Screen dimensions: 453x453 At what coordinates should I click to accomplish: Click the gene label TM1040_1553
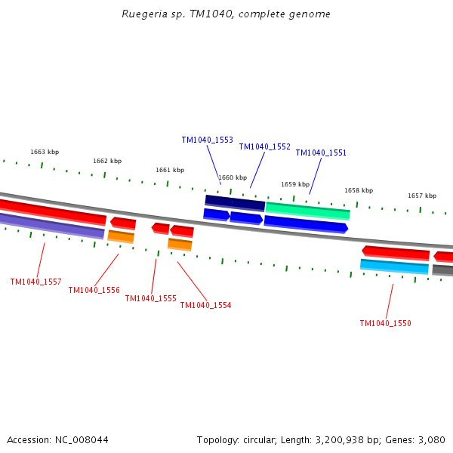point(207,140)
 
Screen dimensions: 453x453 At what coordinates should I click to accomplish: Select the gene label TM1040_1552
point(264,146)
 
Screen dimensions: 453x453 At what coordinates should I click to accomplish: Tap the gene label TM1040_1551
point(321,153)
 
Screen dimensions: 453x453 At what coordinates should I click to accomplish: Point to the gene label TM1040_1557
point(35,282)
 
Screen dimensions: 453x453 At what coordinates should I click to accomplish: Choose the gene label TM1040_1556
point(94,290)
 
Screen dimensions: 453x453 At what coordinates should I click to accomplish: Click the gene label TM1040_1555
point(150,298)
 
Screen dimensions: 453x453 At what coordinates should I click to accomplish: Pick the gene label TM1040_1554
point(205,305)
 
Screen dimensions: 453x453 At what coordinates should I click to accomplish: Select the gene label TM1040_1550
point(385,323)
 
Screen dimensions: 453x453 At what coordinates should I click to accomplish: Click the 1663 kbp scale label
point(44,152)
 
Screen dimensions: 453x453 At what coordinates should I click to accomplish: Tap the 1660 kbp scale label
point(233,177)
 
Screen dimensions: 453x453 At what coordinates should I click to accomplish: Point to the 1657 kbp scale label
point(422,196)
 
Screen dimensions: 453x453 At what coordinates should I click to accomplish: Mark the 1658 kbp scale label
point(359,190)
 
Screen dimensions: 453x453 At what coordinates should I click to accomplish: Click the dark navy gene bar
point(235,202)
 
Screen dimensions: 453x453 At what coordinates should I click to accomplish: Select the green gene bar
point(307,210)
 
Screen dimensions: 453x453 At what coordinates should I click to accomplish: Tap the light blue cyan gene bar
point(394,266)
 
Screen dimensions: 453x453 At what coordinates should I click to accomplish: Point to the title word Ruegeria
point(142,14)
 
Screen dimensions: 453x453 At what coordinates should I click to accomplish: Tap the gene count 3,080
point(431,439)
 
